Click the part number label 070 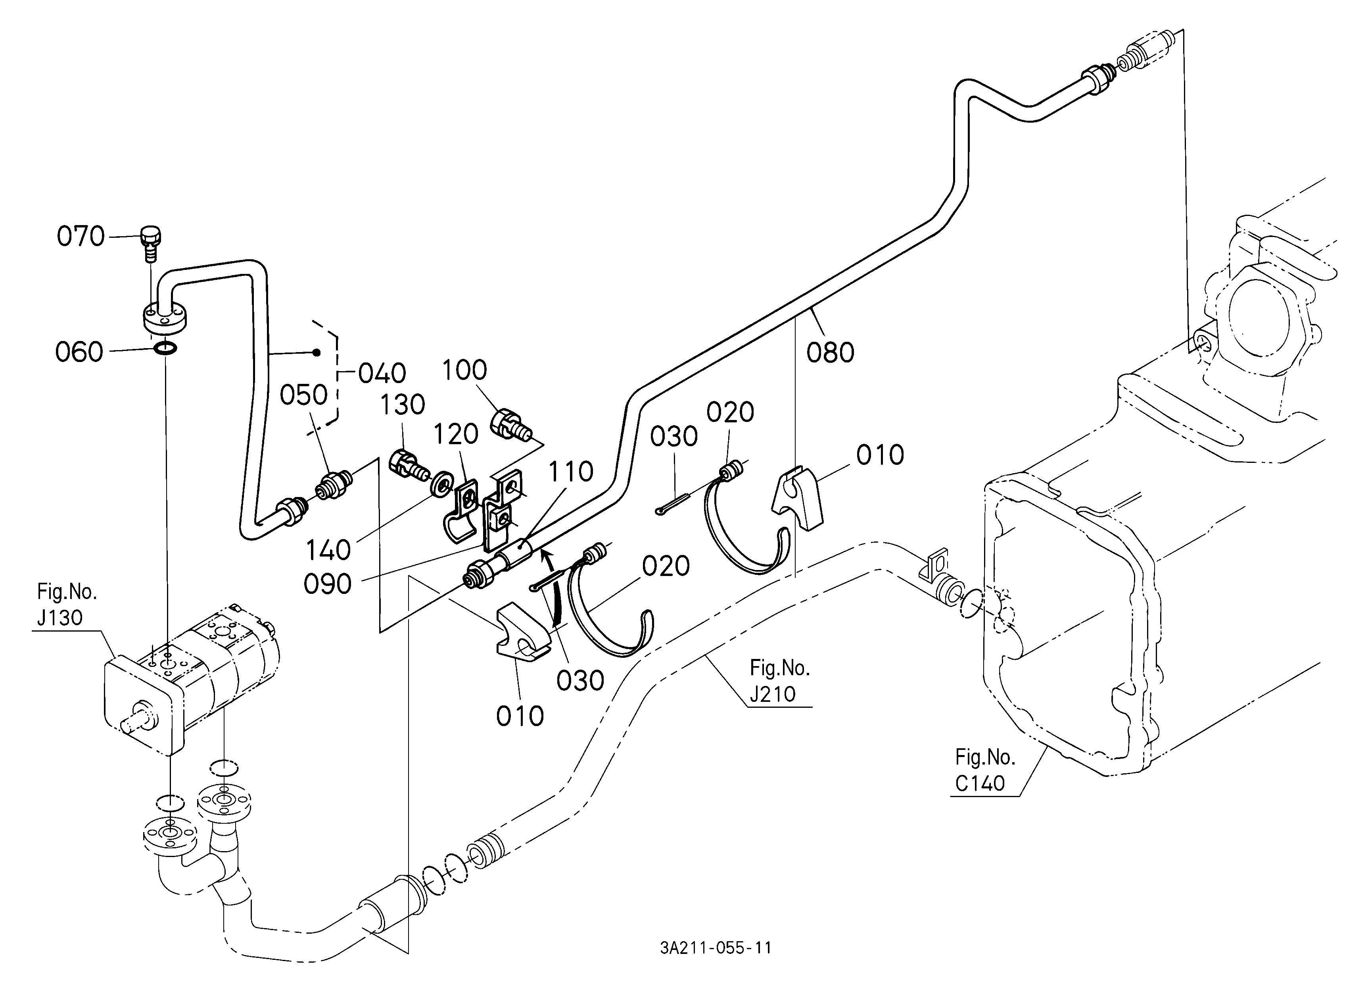point(81,237)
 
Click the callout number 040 point(382,374)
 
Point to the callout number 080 point(830,353)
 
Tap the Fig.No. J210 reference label point(779,681)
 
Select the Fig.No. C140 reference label point(985,770)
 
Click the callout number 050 point(303,396)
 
